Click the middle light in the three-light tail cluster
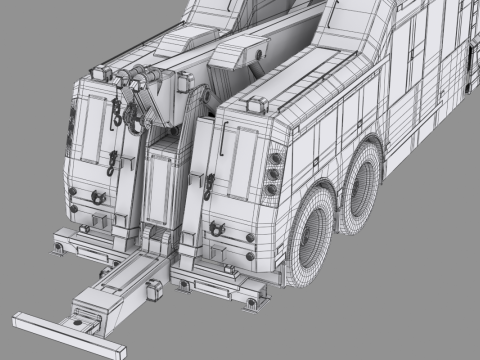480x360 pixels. click(272, 173)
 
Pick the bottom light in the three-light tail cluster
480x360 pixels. click(271, 190)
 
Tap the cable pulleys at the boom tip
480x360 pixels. click(140, 78)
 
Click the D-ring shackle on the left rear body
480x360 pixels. click(97, 196)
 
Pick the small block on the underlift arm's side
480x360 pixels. click(155, 290)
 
